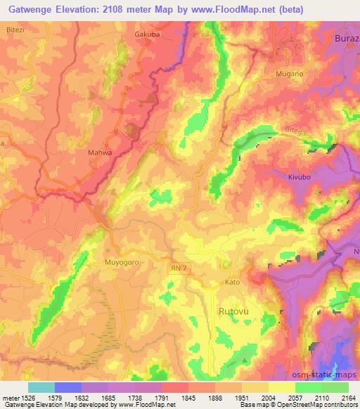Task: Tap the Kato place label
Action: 252,281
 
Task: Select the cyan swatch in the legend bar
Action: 41,387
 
